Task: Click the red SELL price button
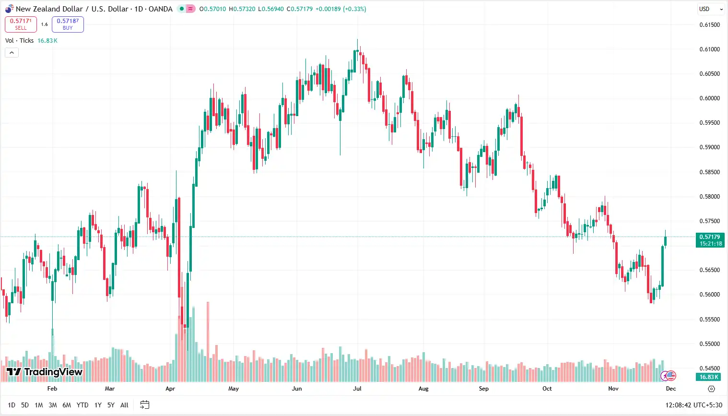click(x=21, y=24)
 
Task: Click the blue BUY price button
click(x=68, y=24)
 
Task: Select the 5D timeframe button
click(x=25, y=405)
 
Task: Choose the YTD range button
click(x=82, y=405)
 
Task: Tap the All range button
click(x=124, y=405)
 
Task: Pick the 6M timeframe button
click(x=67, y=405)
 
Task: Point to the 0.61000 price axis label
click(x=709, y=49)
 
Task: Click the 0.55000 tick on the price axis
click(x=709, y=344)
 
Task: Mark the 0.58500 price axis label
click(x=709, y=172)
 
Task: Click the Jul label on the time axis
click(x=357, y=389)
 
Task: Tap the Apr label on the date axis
click(x=170, y=389)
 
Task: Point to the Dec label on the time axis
click(x=671, y=389)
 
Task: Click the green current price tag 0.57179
click(x=710, y=240)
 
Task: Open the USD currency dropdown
click(x=710, y=9)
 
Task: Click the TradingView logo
click(x=45, y=372)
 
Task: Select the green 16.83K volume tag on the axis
click(x=709, y=377)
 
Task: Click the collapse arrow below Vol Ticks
click(x=12, y=53)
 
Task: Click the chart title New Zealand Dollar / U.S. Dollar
click(x=72, y=9)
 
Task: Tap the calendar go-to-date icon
click(x=144, y=405)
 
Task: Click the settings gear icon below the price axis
click(x=712, y=389)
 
